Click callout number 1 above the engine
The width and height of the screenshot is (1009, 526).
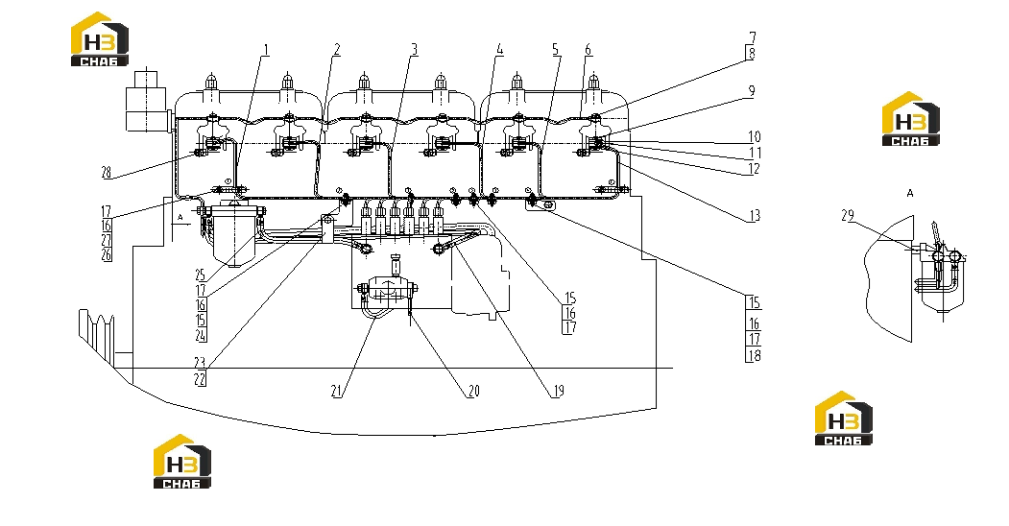[266, 50]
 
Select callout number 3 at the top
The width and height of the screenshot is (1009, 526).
[415, 50]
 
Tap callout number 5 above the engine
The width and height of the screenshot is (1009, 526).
[557, 50]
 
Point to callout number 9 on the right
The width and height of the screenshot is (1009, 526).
[751, 91]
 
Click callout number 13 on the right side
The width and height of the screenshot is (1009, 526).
[755, 215]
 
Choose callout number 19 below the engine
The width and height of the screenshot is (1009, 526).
[558, 391]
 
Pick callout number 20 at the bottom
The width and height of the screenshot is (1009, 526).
[473, 391]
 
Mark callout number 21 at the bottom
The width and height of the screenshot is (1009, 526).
[337, 391]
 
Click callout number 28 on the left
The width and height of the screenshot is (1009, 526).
[107, 173]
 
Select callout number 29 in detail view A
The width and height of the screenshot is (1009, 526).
[848, 215]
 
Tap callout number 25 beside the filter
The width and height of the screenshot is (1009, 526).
[200, 275]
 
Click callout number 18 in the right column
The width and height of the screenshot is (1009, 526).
[755, 355]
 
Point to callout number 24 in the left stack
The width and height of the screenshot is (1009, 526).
[201, 335]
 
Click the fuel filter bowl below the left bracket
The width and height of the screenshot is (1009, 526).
[233, 237]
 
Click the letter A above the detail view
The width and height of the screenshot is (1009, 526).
[910, 193]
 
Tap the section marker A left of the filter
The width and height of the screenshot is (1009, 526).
[180, 218]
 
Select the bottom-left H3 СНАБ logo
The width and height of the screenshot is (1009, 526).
[182, 461]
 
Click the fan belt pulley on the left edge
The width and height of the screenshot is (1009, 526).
[97, 333]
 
